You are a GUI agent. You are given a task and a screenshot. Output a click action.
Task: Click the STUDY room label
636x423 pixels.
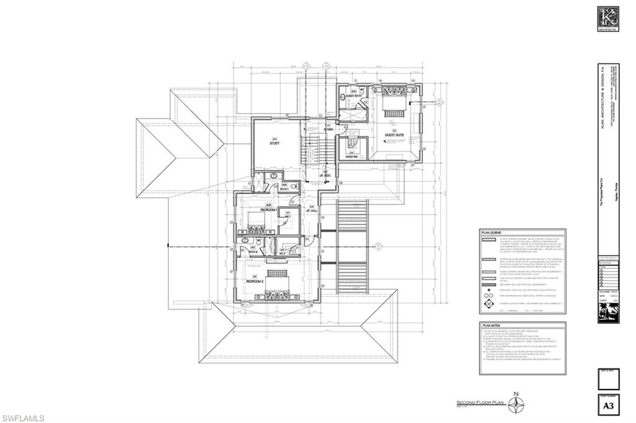click(x=275, y=143)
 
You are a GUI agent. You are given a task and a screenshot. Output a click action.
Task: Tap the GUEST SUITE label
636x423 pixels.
click(x=394, y=134)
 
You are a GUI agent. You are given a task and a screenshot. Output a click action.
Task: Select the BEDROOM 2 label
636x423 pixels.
click(x=255, y=281)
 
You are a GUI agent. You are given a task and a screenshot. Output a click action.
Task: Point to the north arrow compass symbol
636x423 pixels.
click(x=515, y=404)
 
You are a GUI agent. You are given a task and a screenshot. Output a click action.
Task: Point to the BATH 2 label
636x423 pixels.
click(x=253, y=251)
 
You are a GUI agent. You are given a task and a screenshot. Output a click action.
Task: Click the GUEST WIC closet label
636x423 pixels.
click(x=351, y=156)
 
